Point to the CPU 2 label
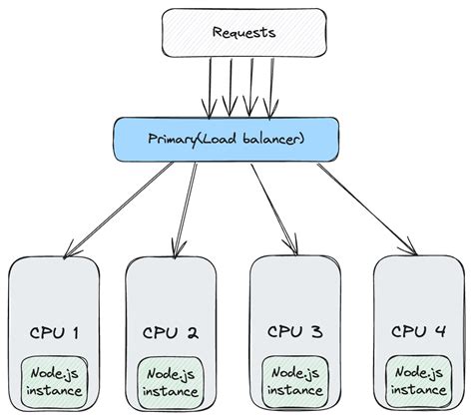(x=171, y=331)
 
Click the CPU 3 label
(x=294, y=330)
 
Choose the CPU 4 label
(x=417, y=330)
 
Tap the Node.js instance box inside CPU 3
(x=294, y=381)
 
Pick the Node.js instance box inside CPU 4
(x=417, y=381)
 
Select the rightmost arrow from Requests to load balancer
(x=271, y=85)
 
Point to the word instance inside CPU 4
(x=417, y=391)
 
